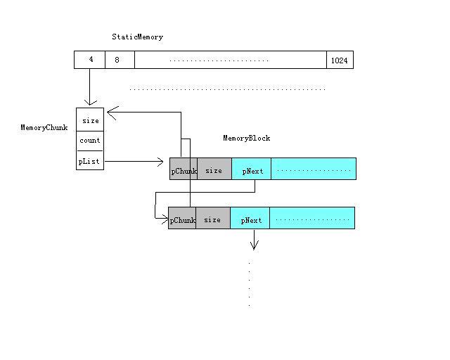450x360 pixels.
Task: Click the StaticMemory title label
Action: tap(137, 37)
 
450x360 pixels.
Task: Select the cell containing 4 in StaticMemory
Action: tap(90, 60)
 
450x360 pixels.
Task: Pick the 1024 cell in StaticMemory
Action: tap(340, 60)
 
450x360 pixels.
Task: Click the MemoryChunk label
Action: tap(44, 128)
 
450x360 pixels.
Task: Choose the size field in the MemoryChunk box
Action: tap(90, 120)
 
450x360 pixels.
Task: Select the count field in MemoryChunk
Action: tap(90, 141)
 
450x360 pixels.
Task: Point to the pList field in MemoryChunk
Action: tap(90, 162)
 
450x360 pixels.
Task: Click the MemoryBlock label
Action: tap(246, 139)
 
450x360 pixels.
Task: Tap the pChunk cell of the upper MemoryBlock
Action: tap(183, 169)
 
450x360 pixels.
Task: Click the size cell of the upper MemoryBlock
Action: tap(214, 169)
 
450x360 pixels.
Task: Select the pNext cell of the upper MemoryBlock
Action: tap(251, 169)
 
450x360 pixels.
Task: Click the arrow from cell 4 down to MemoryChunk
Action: tap(90, 87)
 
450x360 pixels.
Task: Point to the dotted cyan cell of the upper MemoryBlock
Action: tap(314, 169)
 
